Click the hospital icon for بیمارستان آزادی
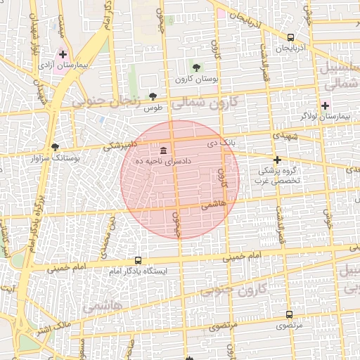click(x=63, y=54)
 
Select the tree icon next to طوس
click(x=154, y=96)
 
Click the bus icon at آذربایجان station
click(x=290, y=37)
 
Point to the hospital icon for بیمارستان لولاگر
click(x=324, y=105)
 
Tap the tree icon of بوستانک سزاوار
click(x=55, y=147)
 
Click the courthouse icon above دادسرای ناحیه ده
click(x=164, y=150)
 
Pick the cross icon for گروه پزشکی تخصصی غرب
click(x=277, y=160)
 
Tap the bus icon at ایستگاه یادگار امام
click(x=137, y=259)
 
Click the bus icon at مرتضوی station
click(x=289, y=314)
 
